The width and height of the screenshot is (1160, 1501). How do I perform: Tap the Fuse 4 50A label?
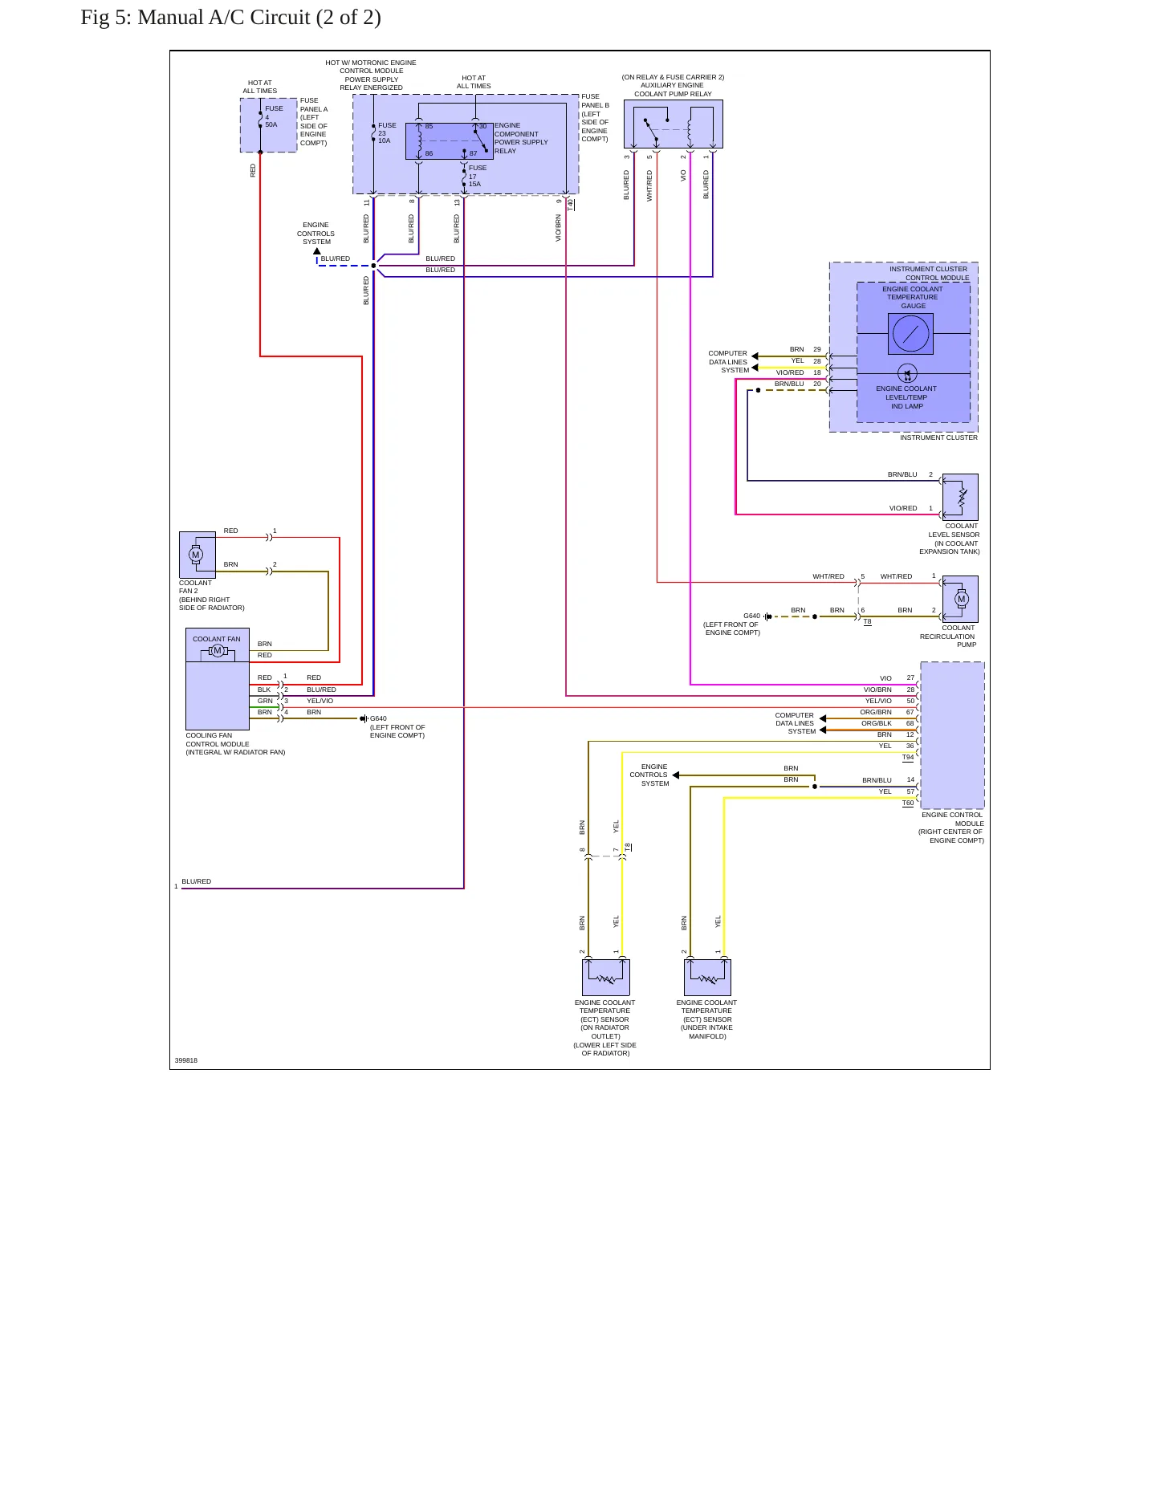point(274,116)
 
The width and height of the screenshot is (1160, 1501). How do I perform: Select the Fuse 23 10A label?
point(387,133)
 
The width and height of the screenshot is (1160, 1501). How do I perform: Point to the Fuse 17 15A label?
point(477,176)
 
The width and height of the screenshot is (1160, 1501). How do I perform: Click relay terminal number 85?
point(429,126)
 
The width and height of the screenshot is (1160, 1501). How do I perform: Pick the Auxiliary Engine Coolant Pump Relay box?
point(673,124)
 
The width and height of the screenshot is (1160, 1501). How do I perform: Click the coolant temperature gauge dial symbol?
point(910,333)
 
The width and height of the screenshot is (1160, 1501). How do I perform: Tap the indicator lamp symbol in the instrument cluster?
point(907,373)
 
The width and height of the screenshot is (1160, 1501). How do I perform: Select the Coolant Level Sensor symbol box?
point(960,497)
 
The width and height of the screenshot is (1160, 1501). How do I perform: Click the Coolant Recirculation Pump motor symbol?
point(962,599)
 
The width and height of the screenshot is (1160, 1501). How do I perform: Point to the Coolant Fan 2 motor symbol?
point(195,555)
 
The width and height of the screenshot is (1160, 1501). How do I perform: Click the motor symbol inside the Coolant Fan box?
point(217,650)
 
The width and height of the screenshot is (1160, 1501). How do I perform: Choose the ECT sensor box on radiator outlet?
point(605,977)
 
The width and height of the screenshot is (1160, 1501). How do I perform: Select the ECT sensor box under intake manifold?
point(707,977)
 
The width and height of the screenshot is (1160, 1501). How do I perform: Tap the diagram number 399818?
point(186,1060)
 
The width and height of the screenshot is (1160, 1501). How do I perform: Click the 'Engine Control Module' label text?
point(952,819)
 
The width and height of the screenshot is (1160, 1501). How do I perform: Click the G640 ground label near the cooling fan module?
point(378,718)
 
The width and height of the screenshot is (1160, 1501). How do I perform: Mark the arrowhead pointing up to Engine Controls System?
point(317,251)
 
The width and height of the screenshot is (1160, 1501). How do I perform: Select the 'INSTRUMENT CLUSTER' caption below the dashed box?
point(938,437)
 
